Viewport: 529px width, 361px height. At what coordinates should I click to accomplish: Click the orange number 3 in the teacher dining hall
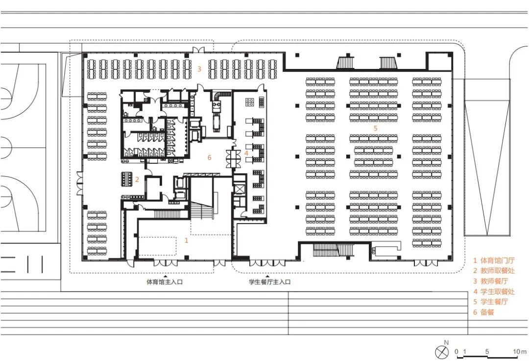[199, 69]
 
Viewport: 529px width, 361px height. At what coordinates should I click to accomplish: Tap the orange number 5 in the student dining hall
[375, 129]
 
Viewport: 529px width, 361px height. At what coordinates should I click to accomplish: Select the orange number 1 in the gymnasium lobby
[186, 240]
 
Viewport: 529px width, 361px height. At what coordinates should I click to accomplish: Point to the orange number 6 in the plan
[209, 158]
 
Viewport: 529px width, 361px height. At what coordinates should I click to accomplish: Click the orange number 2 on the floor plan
[137, 180]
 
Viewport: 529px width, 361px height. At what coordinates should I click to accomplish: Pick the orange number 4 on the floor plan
[246, 154]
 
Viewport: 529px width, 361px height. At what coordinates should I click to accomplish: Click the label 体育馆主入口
[164, 282]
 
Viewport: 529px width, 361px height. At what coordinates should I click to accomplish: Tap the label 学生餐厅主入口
[269, 282]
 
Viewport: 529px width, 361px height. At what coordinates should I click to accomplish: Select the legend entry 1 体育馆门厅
[494, 260]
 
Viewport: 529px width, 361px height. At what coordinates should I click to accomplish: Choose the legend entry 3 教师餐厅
[490, 281]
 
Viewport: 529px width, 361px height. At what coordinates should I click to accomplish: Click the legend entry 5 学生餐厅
[490, 302]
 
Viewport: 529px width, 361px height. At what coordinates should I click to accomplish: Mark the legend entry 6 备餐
[483, 312]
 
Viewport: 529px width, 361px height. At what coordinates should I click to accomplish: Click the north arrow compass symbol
[442, 353]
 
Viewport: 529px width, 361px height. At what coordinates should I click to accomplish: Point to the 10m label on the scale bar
[520, 352]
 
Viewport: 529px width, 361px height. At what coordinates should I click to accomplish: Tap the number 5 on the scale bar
[487, 352]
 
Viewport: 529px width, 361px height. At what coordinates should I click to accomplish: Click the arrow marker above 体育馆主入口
[165, 275]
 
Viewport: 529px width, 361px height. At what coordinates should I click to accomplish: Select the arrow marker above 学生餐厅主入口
[267, 275]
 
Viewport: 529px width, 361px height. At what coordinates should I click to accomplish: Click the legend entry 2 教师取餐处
[494, 271]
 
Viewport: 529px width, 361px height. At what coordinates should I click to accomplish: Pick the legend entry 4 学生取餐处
[494, 291]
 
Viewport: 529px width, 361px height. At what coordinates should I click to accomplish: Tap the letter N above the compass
[446, 342]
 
